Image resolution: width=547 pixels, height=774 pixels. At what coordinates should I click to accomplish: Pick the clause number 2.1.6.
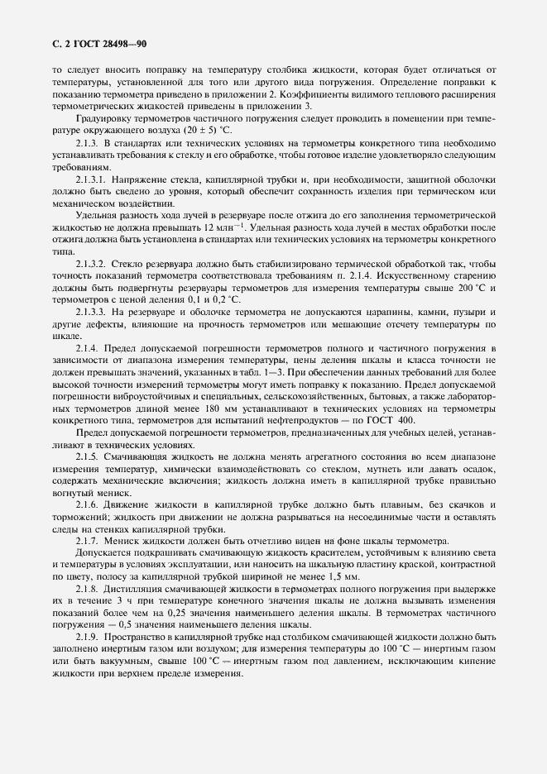coord(87,503)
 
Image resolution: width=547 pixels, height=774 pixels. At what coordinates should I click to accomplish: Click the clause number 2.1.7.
coord(87,538)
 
